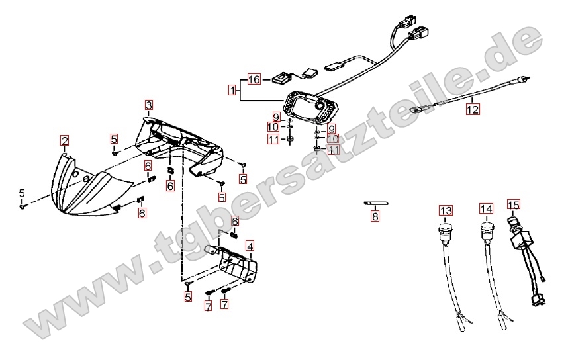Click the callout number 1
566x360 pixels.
click(x=232, y=89)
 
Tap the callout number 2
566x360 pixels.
click(x=64, y=140)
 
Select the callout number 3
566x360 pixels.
click(x=149, y=105)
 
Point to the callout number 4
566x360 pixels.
click(x=249, y=246)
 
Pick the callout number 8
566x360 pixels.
click(x=375, y=216)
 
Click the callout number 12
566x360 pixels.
click(x=471, y=111)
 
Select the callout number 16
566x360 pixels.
click(x=255, y=80)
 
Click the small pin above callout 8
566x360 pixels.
click(x=375, y=204)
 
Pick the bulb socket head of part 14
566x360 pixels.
click(x=485, y=230)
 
